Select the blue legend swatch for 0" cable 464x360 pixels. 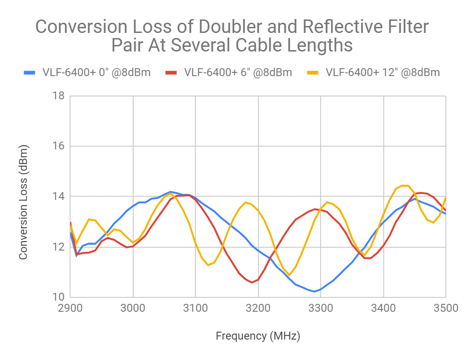(x=29, y=72)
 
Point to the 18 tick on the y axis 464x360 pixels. (x=58, y=96)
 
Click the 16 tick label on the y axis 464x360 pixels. (x=58, y=146)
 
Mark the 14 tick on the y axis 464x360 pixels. (x=58, y=196)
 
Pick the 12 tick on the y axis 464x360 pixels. (x=58, y=247)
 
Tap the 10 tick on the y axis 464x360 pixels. (x=58, y=297)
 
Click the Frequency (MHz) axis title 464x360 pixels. (x=258, y=336)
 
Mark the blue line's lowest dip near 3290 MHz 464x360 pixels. (x=315, y=291)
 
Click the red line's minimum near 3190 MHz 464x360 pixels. (x=252, y=282)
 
